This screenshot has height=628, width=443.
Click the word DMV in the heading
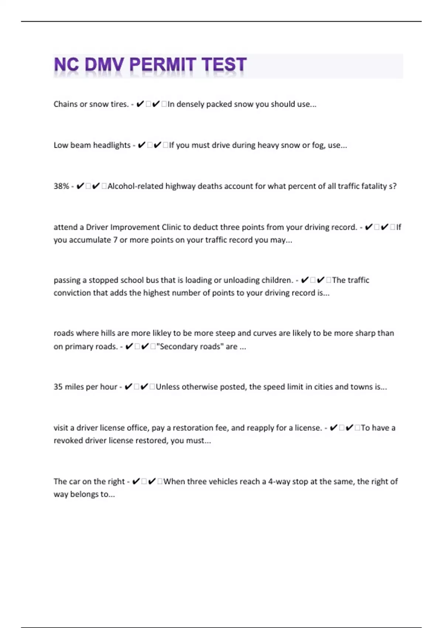(x=104, y=65)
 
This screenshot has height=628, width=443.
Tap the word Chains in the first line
(x=65, y=104)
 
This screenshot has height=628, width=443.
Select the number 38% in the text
(x=61, y=186)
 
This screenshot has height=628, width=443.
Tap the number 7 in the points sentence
(x=115, y=240)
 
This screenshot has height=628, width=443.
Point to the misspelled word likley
(x=162, y=333)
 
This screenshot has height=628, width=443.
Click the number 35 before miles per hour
(x=58, y=387)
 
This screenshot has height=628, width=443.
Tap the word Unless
(x=168, y=387)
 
